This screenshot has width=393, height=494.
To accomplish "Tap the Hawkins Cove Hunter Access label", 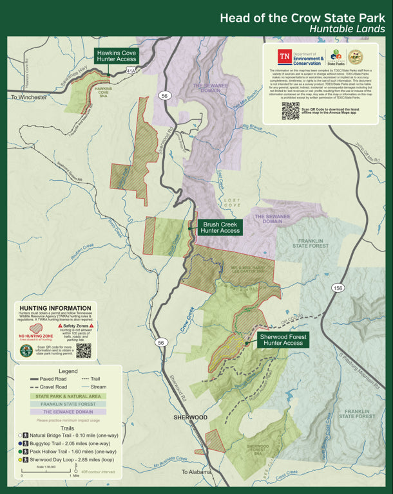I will point(117,55).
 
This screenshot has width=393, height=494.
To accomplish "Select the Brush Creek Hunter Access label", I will point(220,228).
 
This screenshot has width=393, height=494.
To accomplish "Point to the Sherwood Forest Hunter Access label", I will point(283,340).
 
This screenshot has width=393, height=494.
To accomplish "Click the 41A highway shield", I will point(131,71).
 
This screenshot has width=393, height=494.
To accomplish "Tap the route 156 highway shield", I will point(338,288).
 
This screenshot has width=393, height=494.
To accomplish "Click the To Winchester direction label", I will point(29,97).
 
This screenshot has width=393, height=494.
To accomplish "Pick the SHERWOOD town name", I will point(190,417).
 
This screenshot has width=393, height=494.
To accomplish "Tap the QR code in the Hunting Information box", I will point(83,351).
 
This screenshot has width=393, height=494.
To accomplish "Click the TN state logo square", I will point(284,57).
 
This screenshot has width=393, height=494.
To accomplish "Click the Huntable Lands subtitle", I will point(347,29).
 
